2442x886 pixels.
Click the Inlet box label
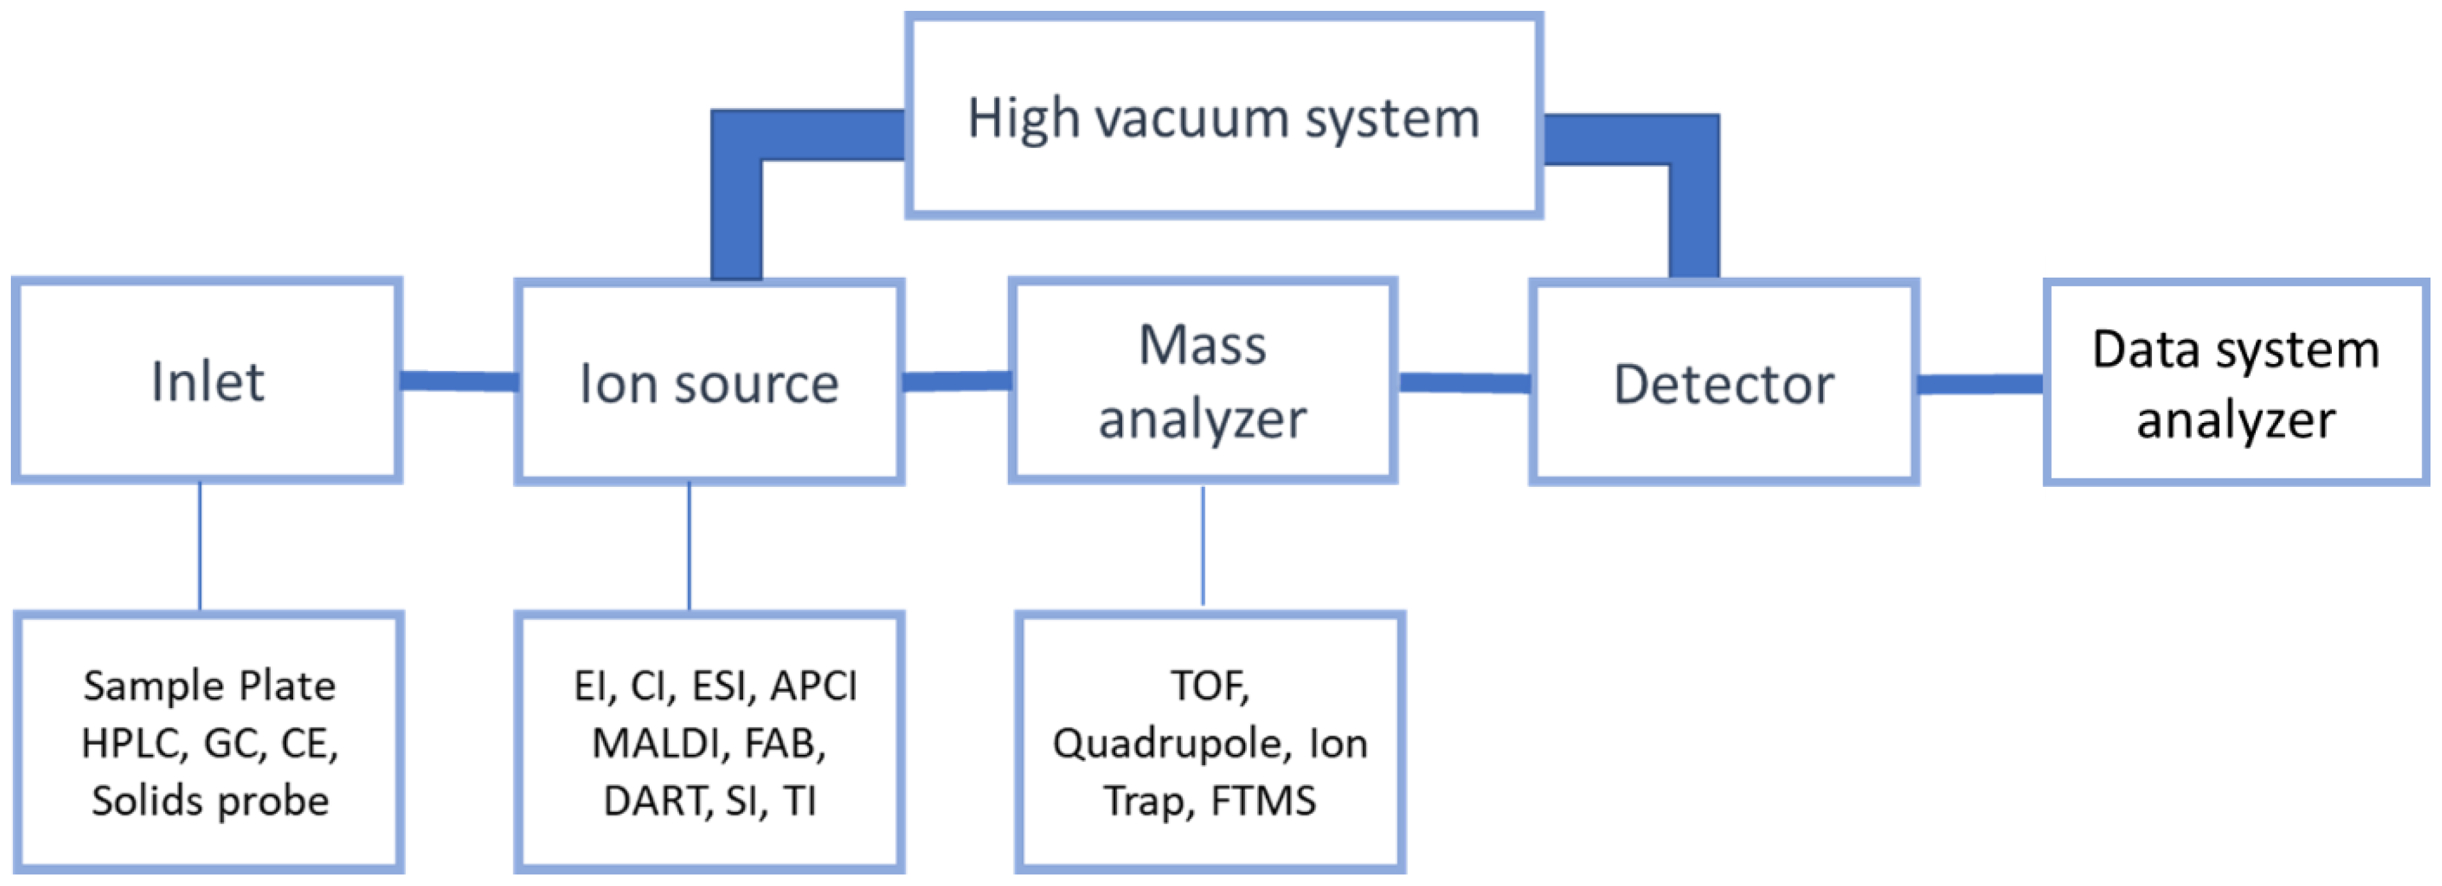(x=207, y=382)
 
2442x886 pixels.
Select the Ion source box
(x=709, y=383)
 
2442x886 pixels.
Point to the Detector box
(x=1723, y=384)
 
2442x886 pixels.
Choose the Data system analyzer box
(x=2235, y=384)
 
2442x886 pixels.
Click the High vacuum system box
(x=1223, y=118)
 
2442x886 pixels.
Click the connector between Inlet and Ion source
(x=459, y=381)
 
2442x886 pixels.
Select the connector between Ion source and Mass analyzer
(x=956, y=381)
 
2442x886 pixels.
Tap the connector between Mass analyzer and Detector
(x=1464, y=383)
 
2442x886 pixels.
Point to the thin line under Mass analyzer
(x=1203, y=546)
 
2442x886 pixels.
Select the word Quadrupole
(x=1170, y=744)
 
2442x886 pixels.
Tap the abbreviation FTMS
(x=1264, y=801)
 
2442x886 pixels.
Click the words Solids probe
(x=211, y=801)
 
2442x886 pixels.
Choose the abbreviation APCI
(x=814, y=686)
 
